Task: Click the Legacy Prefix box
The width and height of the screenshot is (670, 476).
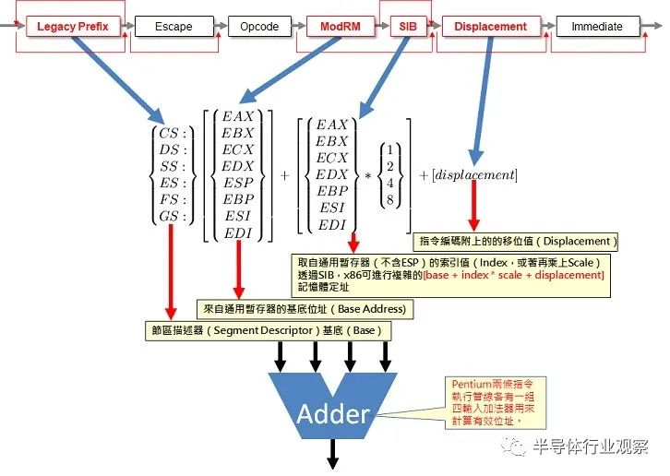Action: pos(73,27)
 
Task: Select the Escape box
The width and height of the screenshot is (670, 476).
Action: pos(173,27)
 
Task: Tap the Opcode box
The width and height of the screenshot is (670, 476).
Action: pos(259,27)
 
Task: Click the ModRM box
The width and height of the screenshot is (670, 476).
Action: pos(341,27)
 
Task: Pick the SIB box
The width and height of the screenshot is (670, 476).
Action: pos(408,27)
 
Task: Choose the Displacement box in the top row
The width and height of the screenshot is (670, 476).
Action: pos(491,27)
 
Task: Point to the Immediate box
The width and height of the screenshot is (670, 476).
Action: pos(598,27)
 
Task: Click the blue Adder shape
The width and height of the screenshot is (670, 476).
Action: pos(333,406)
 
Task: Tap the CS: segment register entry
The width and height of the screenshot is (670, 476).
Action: pos(173,134)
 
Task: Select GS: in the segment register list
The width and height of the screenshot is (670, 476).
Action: pos(173,216)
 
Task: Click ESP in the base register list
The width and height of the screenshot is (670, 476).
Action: pos(238,183)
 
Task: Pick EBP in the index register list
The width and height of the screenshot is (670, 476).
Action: pos(332,191)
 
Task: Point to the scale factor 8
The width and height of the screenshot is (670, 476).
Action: pos(390,199)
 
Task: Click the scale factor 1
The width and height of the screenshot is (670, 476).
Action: pos(390,150)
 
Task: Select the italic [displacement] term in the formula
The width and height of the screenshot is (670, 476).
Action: pos(474,174)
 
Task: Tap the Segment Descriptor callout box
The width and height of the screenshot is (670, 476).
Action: pos(269,331)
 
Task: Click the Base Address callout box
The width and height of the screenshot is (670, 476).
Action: pos(305,309)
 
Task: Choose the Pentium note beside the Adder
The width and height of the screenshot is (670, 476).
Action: pos(496,402)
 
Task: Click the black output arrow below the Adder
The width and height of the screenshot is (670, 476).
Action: pos(333,454)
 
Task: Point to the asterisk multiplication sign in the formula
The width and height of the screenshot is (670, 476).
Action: pos(368,175)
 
